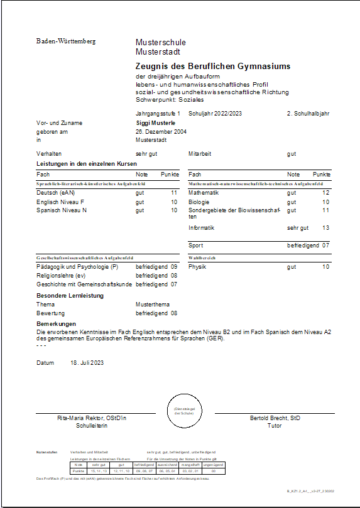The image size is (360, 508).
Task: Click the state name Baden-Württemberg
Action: (x=66, y=41)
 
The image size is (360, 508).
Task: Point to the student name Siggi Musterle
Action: (x=155, y=123)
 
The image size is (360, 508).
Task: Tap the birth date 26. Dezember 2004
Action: (x=161, y=132)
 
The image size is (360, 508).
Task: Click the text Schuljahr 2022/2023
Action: (x=215, y=114)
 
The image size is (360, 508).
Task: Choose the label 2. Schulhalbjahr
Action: (x=308, y=114)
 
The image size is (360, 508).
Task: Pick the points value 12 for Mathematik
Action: (x=325, y=193)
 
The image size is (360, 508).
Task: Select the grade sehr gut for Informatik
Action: (x=298, y=228)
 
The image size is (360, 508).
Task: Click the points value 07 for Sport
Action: (x=325, y=246)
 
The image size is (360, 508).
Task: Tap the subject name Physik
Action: (x=197, y=267)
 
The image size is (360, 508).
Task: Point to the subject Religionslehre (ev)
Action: (x=62, y=276)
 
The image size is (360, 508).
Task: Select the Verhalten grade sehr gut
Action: (x=146, y=153)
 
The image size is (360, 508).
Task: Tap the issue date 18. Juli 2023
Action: (x=87, y=363)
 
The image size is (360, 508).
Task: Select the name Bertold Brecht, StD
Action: (x=275, y=418)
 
